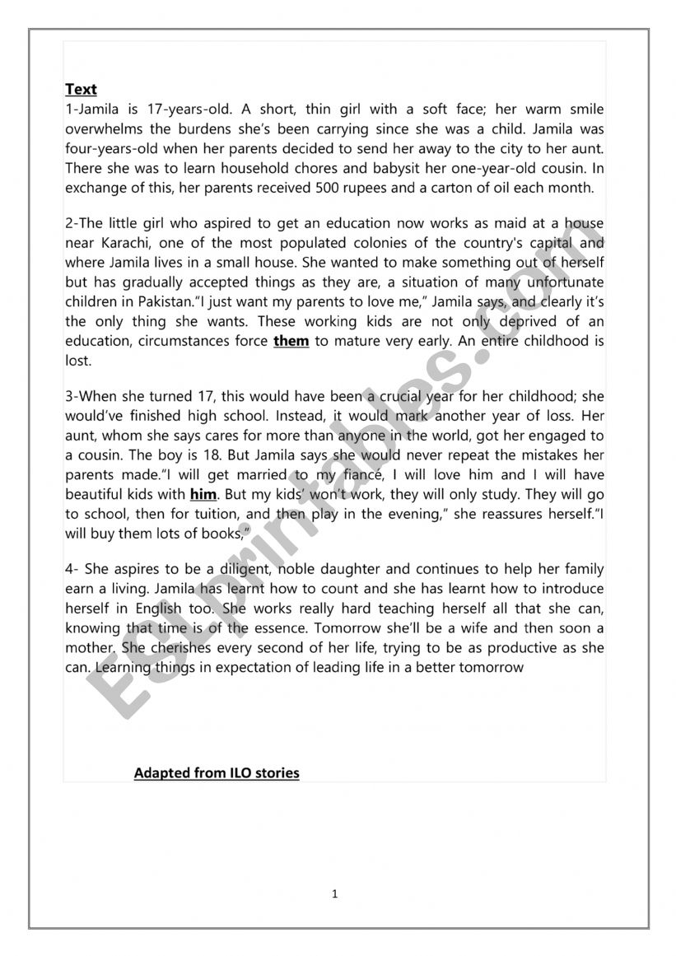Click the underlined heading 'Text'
81,90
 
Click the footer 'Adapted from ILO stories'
217,773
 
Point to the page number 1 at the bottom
335,893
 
